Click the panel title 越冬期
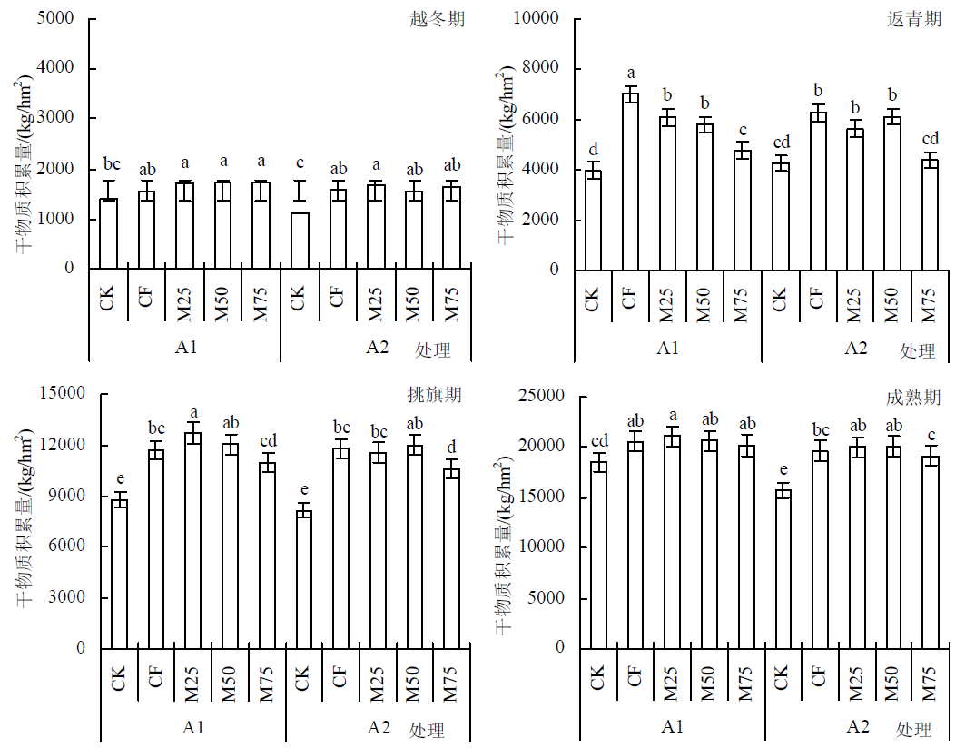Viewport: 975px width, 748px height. tap(438, 18)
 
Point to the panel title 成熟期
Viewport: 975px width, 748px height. tap(912, 398)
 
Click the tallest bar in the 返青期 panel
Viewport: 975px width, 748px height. tap(629, 182)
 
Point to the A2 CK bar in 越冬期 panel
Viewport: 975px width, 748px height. tap(299, 241)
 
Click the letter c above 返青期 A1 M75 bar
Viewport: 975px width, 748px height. tap(744, 130)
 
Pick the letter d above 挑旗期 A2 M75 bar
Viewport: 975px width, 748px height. tap(451, 447)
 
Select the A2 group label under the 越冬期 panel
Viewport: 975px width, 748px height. tap(377, 347)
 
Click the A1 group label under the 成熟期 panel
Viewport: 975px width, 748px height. tap(672, 726)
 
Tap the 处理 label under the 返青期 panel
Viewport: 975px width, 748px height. tap(917, 351)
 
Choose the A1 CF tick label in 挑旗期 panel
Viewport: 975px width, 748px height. tap(155, 676)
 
